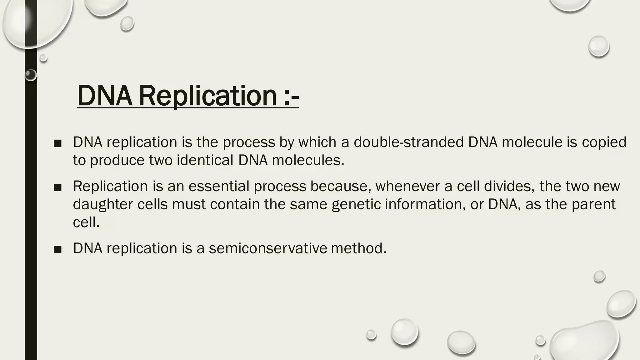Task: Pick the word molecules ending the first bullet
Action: pos(307,160)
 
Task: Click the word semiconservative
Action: pos(268,248)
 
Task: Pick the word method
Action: pos(358,248)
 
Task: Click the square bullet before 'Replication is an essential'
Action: pos(57,187)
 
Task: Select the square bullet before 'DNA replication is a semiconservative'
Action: pos(57,250)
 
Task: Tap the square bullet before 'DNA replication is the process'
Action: pos(57,143)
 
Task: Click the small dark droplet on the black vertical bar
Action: pos(31,75)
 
